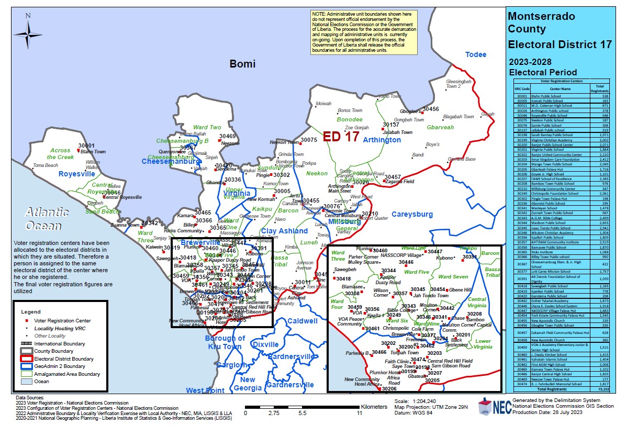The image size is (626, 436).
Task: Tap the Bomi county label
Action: (x=243, y=64)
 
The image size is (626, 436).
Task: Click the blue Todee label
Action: (x=476, y=54)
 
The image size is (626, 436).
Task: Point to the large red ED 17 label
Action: (x=341, y=137)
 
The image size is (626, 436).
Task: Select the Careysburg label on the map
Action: (x=412, y=214)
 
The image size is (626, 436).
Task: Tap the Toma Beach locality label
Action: (x=45, y=165)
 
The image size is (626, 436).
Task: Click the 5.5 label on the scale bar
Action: (x=303, y=413)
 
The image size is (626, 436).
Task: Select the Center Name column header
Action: (x=558, y=88)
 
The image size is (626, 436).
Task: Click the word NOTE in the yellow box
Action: (x=318, y=13)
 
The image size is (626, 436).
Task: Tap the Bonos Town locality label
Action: (x=350, y=110)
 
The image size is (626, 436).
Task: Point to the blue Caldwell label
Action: (x=302, y=321)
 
